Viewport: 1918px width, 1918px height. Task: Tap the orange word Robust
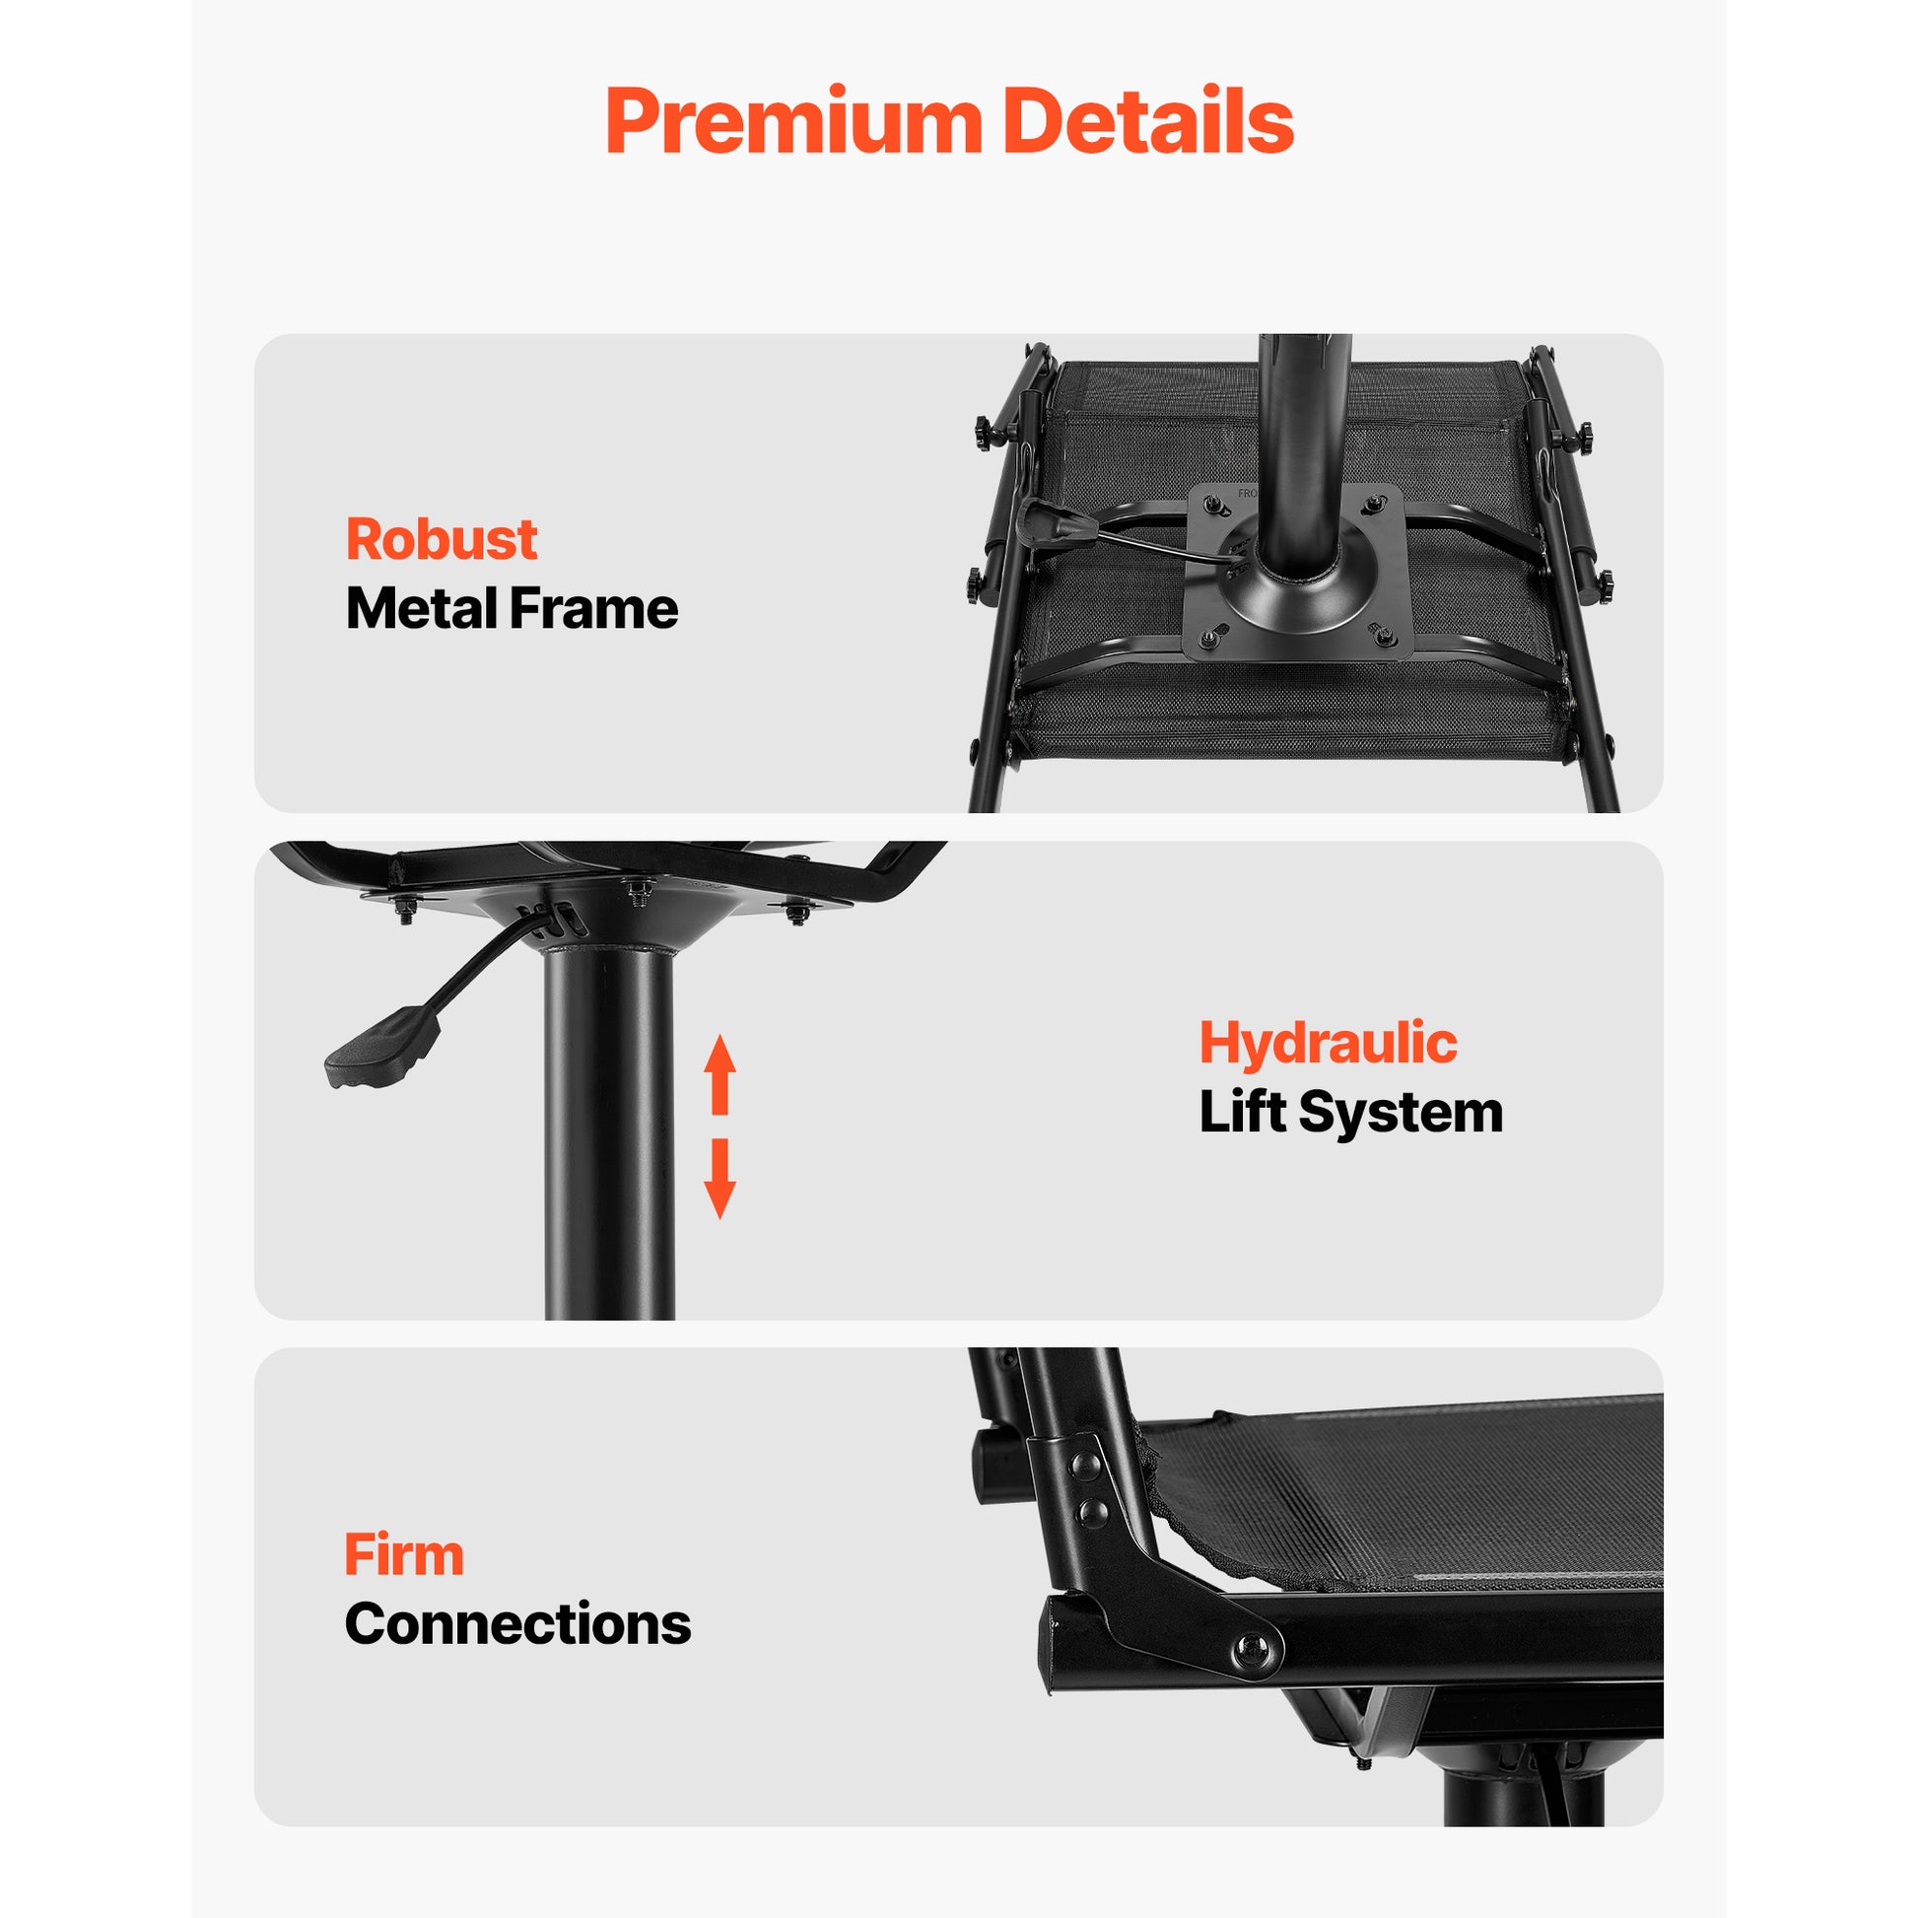tap(441, 539)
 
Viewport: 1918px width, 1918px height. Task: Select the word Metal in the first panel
tap(420, 607)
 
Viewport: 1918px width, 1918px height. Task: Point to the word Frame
tap(593, 607)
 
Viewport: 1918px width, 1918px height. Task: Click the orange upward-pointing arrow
tap(719, 1074)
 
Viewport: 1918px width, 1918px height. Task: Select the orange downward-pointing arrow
tap(719, 1179)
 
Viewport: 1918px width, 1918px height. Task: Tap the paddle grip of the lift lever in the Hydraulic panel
tap(382, 1048)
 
